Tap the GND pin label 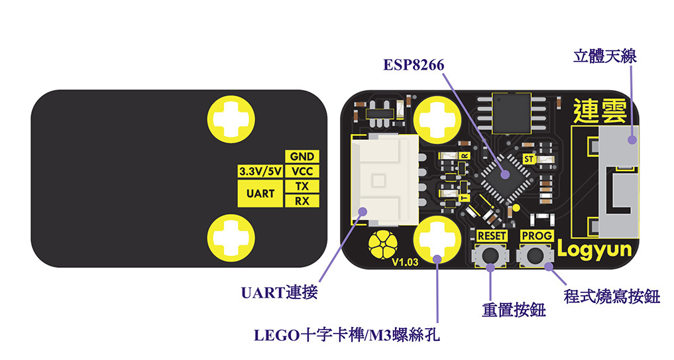(x=302, y=157)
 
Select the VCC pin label (x=302, y=172)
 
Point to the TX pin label (x=302, y=186)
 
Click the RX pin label (x=302, y=201)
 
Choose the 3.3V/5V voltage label (x=260, y=172)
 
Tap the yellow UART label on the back (x=260, y=194)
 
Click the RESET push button (x=491, y=255)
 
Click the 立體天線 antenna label (x=604, y=56)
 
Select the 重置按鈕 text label (x=514, y=310)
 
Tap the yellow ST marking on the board (x=528, y=159)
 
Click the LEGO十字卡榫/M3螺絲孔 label (x=347, y=335)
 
